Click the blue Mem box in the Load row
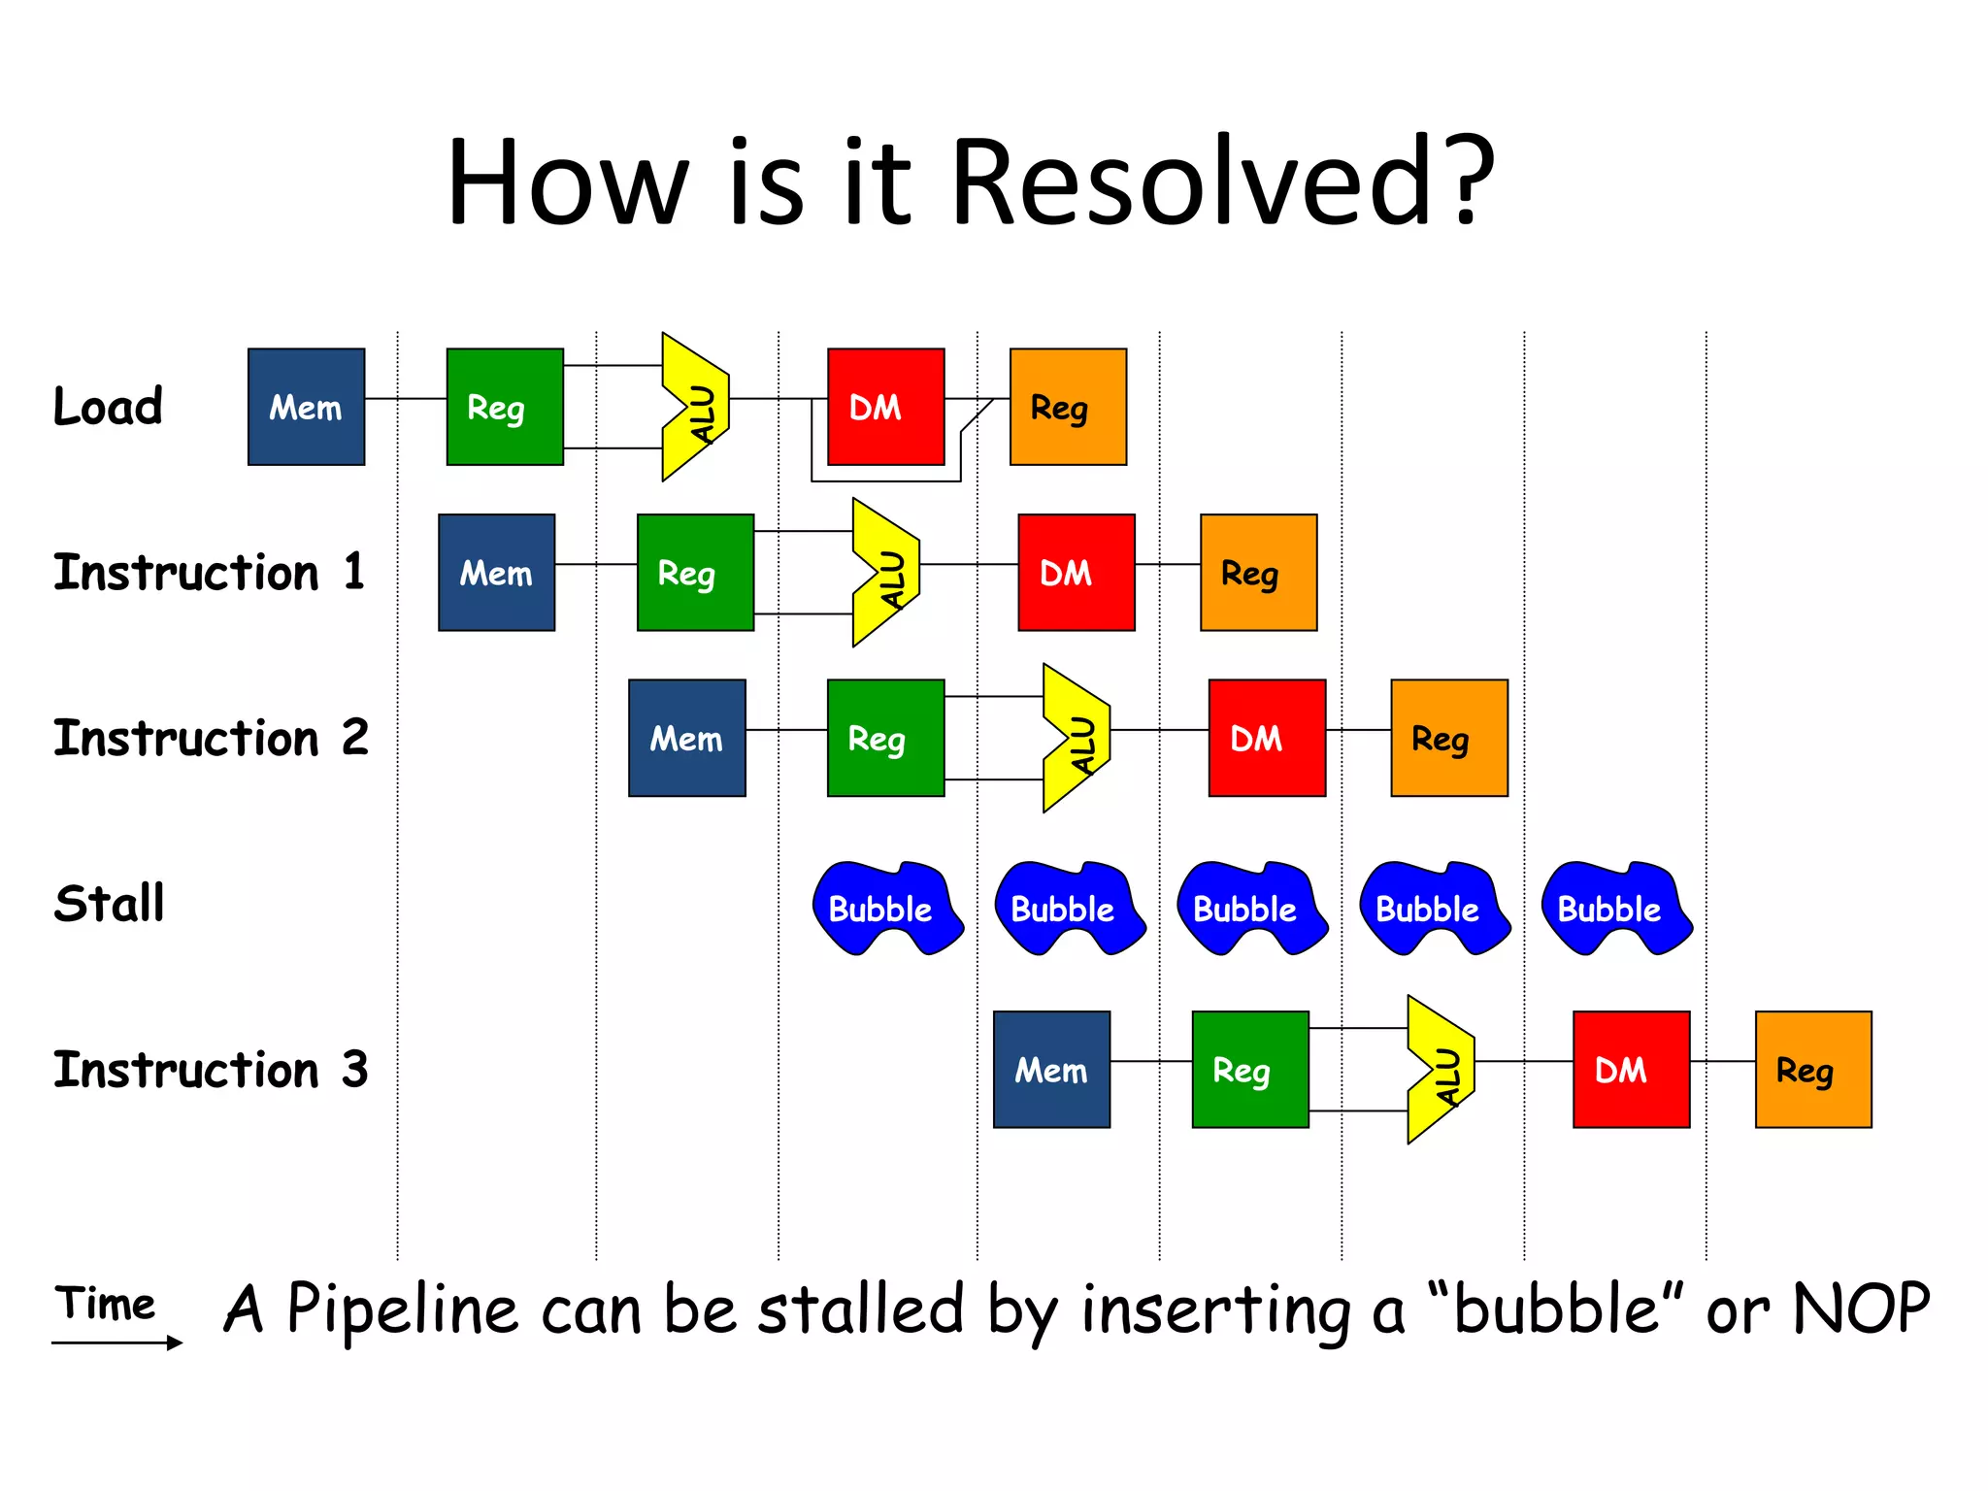pyautogui.click(x=306, y=407)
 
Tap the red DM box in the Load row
pyautogui.click(x=885, y=407)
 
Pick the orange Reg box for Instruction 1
pyautogui.click(x=1258, y=573)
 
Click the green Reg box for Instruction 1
pyautogui.click(x=695, y=573)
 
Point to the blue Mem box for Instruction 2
pyautogui.click(x=686, y=738)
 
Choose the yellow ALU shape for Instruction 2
pyautogui.click(x=1077, y=739)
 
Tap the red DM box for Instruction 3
pyautogui.click(x=1631, y=1069)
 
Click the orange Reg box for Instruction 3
pyautogui.click(x=1813, y=1069)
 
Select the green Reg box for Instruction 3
pyautogui.click(x=1250, y=1069)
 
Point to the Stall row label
pyautogui.click(x=110, y=904)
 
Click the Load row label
pyautogui.click(x=108, y=406)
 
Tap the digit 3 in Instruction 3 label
pyautogui.click(x=355, y=1069)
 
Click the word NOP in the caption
pyautogui.click(x=1861, y=1309)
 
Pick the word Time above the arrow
pyautogui.click(x=105, y=1304)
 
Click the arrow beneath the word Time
pyautogui.click(x=116, y=1342)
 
